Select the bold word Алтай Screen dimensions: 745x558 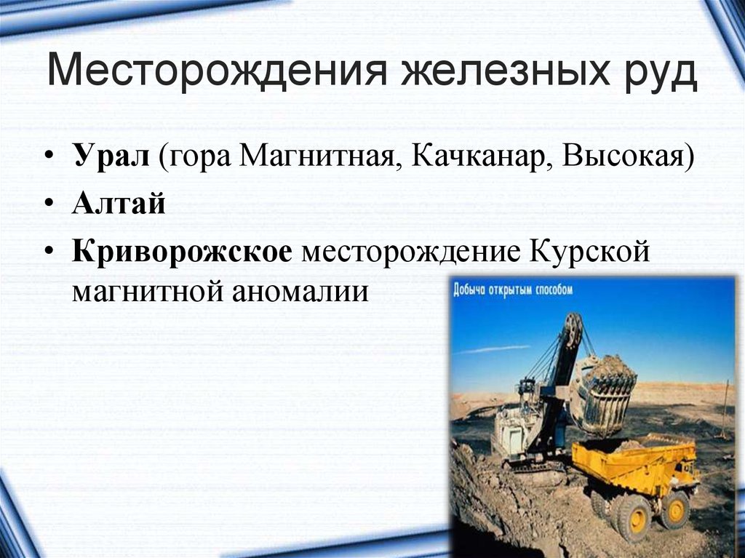tap(119, 203)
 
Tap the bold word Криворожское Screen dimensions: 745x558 tap(182, 252)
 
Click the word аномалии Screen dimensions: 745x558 tap(300, 291)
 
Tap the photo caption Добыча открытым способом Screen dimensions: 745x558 tap(513, 290)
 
